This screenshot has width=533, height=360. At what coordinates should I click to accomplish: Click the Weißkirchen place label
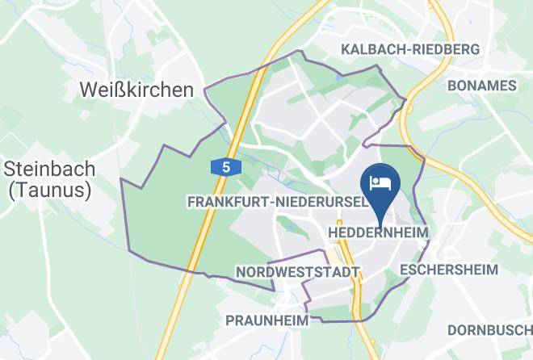[x=137, y=90]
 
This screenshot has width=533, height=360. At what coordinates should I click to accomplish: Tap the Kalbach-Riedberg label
[x=410, y=49]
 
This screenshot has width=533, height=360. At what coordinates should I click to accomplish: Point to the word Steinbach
[x=49, y=170]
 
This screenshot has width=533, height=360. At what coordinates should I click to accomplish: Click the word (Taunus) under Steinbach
[x=49, y=191]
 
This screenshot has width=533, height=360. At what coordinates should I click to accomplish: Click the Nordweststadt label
[x=297, y=273]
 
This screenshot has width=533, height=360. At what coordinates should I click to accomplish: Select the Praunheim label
[x=267, y=320]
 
